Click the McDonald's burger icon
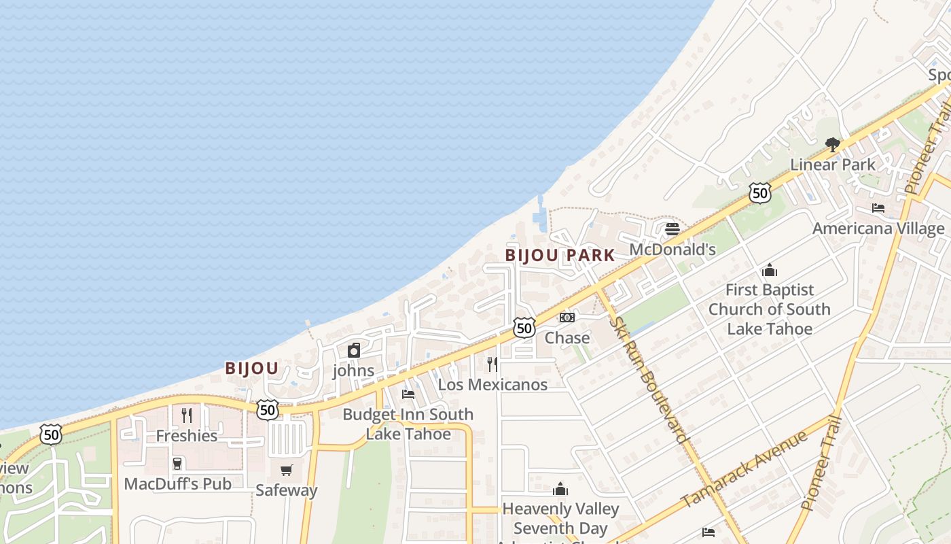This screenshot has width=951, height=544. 672,229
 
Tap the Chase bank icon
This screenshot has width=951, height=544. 567,318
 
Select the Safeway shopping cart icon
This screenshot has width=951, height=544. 287,471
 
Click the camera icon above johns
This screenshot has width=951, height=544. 353,351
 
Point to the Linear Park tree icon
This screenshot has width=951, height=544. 832,144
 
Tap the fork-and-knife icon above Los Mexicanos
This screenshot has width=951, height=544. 492,364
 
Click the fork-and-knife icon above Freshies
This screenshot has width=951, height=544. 187,415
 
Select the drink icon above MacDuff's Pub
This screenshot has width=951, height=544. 177,464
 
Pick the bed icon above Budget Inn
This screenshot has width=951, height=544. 408,394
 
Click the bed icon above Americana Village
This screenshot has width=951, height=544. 878,208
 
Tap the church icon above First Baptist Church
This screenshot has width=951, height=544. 770,270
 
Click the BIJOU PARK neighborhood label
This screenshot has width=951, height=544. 560,256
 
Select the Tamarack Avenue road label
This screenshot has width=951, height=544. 744,469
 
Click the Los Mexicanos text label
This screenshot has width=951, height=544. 492,384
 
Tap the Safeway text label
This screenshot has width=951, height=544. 287,490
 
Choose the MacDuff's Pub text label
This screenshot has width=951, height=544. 177,483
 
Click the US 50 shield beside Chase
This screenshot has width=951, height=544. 524,328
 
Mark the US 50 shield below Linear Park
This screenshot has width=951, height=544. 760,193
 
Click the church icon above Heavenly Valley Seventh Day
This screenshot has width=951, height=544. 560,489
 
